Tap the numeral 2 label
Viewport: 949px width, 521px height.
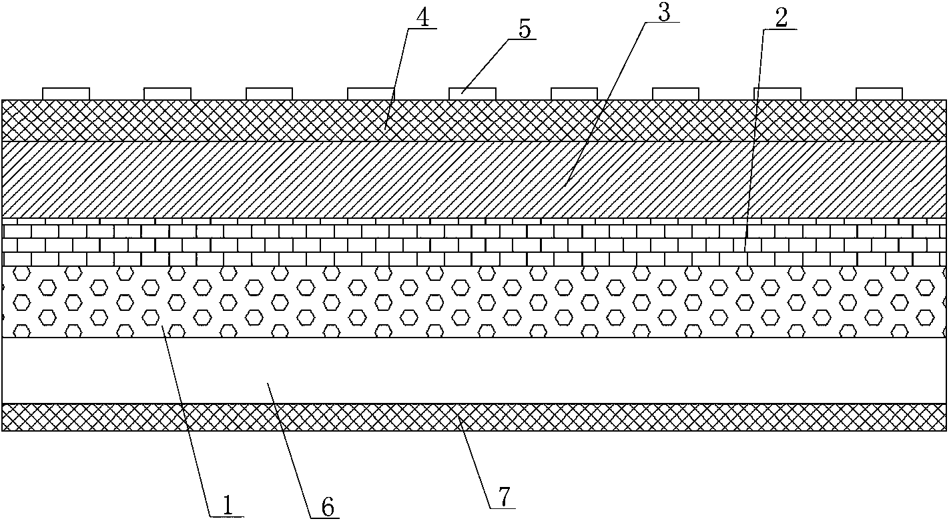coord(781,18)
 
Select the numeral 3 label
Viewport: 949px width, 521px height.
coord(664,11)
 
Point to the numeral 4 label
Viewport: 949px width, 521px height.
coord(422,18)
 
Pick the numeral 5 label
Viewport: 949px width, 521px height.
coord(525,29)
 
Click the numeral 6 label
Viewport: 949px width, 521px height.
coord(328,506)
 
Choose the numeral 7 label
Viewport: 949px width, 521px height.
coord(504,497)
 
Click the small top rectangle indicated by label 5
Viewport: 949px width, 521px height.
coord(472,93)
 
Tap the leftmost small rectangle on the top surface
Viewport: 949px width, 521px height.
coord(66,93)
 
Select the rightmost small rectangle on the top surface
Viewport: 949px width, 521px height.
coord(879,93)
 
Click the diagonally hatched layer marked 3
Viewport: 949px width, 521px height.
coord(474,179)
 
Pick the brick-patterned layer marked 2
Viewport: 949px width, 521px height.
coord(474,242)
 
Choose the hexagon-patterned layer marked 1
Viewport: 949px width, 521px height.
coord(474,302)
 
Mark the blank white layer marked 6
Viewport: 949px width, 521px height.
coord(474,371)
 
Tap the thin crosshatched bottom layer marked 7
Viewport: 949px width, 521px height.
coord(474,417)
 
